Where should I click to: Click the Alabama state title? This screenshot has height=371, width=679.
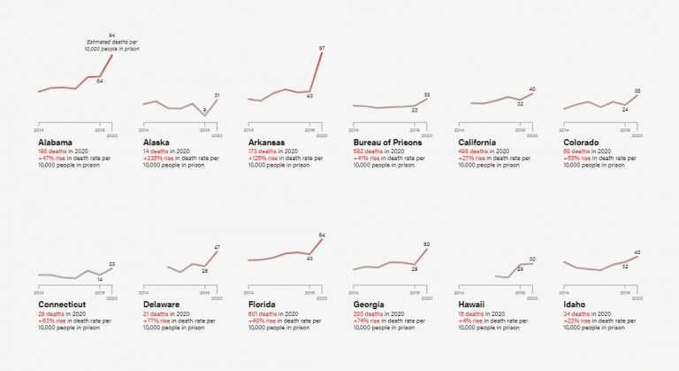coord(56,142)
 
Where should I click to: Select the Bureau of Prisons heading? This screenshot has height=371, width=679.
coord(387,142)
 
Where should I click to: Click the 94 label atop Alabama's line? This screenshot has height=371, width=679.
coord(111,35)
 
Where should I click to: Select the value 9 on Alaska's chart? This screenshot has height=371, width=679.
coord(204,111)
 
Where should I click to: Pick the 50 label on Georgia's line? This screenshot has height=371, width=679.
coord(426,243)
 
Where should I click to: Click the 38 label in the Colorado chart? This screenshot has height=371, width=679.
coord(637,91)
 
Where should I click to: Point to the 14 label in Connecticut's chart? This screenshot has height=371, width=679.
coord(100,279)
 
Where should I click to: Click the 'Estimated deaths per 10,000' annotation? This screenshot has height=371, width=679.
coord(112,46)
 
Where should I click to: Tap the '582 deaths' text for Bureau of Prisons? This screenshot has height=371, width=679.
coord(370,151)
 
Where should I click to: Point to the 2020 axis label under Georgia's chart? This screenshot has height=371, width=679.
coord(427,298)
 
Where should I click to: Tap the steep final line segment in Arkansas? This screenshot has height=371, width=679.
coord(317,71)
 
